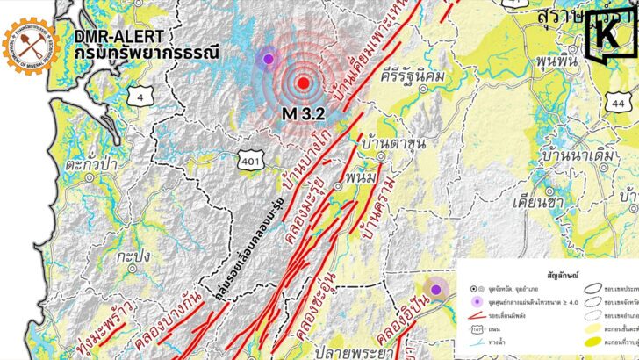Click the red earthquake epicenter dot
point(303,83)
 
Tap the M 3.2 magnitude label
point(303,113)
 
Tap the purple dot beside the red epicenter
point(268,59)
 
